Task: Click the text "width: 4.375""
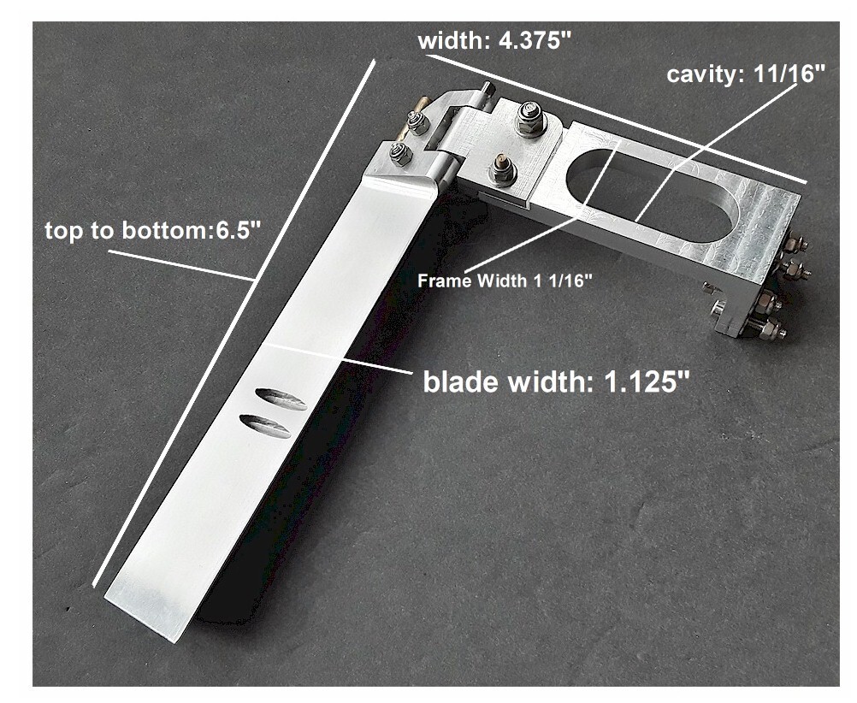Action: (x=494, y=40)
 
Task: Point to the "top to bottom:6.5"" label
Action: (x=152, y=231)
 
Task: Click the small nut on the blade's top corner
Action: (x=398, y=155)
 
